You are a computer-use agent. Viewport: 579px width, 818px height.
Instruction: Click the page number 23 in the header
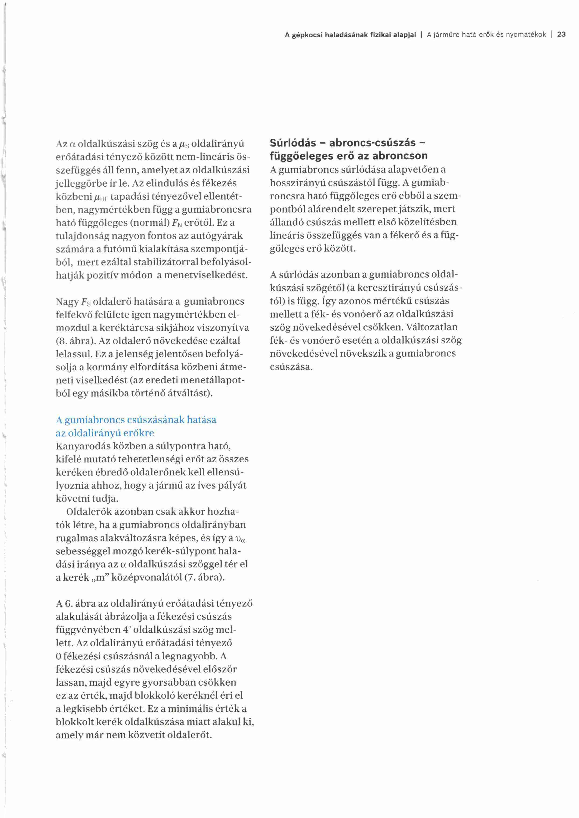point(561,35)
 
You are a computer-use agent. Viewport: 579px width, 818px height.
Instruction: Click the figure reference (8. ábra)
point(76,341)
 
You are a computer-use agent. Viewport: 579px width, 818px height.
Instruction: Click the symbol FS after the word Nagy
point(86,302)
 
